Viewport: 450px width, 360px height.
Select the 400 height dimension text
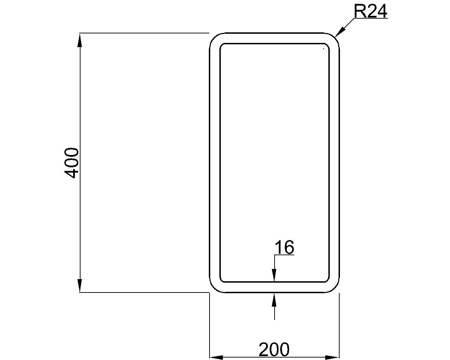71,163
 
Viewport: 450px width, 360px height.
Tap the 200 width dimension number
274,349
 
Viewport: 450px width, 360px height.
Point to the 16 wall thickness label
284,247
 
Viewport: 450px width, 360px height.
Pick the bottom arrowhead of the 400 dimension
79,285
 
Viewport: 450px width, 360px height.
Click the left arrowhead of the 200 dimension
216,358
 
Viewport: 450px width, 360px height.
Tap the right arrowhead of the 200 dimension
332,358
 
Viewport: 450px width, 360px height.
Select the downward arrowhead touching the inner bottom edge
274,275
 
